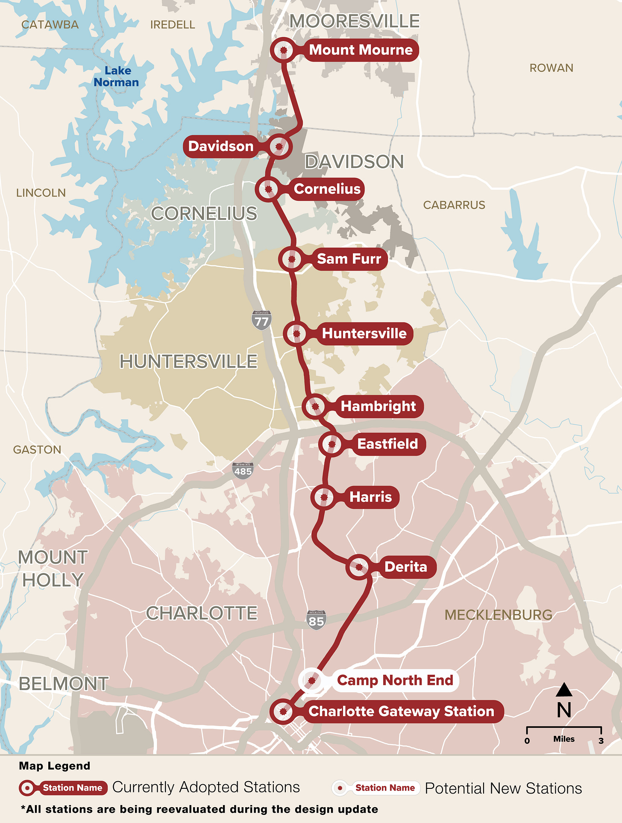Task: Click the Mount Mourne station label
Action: point(361,50)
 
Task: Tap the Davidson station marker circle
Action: point(279,147)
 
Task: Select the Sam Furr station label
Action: point(349,259)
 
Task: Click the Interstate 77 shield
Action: point(261,320)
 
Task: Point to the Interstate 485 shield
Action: point(243,470)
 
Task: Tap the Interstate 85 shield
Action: point(316,620)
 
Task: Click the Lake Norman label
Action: point(117,76)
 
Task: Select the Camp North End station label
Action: point(395,680)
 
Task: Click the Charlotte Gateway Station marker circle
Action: point(283,711)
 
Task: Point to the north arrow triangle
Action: point(564,690)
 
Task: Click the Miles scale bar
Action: point(564,728)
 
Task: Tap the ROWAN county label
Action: point(551,68)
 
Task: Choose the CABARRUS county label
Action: point(454,205)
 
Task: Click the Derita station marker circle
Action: point(359,567)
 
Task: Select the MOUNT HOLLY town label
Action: point(53,569)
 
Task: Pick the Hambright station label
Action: point(378,406)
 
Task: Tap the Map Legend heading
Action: point(55,766)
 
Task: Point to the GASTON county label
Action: point(37,450)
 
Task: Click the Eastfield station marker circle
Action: point(331,444)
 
